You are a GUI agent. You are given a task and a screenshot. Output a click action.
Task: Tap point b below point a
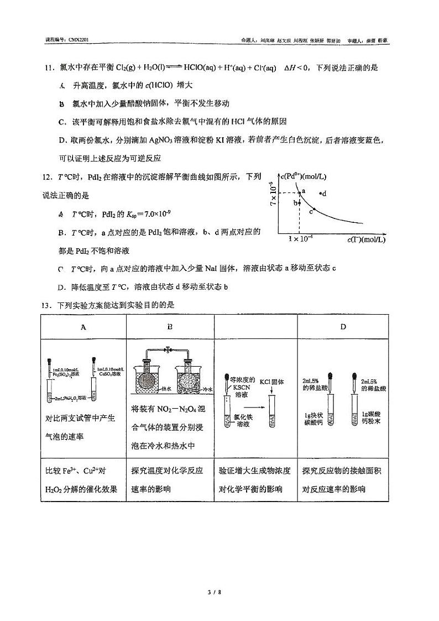[x=299, y=203]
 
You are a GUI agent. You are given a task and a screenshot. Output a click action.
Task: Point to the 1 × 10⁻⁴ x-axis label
[x=300, y=238]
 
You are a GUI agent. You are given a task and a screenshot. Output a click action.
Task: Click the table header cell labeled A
[x=83, y=327]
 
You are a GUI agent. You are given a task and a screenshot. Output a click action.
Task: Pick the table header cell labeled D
[x=343, y=327]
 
